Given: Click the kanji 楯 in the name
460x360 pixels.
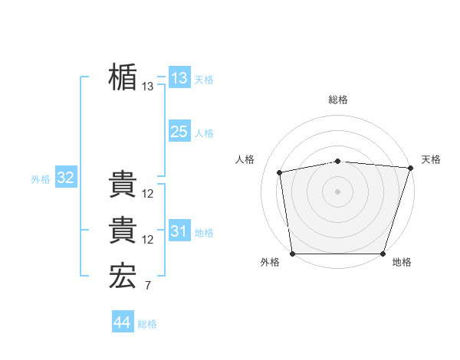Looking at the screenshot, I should (x=123, y=78).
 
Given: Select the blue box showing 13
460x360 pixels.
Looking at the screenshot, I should (x=179, y=78).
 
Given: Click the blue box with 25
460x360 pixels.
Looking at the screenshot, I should (x=179, y=132).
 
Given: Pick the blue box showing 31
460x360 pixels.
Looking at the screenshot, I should (x=179, y=231).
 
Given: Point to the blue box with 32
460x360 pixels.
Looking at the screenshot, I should (x=65, y=178).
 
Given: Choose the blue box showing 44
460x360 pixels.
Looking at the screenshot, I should (x=123, y=322).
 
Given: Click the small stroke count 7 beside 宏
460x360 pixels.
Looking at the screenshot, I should (x=147, y=286).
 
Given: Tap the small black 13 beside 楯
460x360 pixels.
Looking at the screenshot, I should (x=148, y=87).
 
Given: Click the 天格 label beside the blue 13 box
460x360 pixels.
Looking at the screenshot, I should (x=204, y=80).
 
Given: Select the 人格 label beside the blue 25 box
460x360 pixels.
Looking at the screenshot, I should (x=204, y=133).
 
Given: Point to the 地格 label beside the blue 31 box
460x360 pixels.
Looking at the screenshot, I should (x=204, y=232).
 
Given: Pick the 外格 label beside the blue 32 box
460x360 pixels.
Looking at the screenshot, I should (x=41, y=179).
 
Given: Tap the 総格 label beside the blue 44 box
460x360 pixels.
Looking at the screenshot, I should (x=147, y=324).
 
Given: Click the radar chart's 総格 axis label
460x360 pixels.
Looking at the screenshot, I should (x=338, y=100).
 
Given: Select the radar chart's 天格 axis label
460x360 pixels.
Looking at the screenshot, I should (x=431, y=159).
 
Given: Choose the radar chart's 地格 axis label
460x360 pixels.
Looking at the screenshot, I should (x=402, y=263).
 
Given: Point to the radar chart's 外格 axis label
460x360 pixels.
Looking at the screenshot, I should (x=270, y=263).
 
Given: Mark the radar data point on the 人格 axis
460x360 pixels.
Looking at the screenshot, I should (x=281, y=172).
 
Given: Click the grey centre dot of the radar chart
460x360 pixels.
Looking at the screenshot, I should (x=338, y=191).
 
